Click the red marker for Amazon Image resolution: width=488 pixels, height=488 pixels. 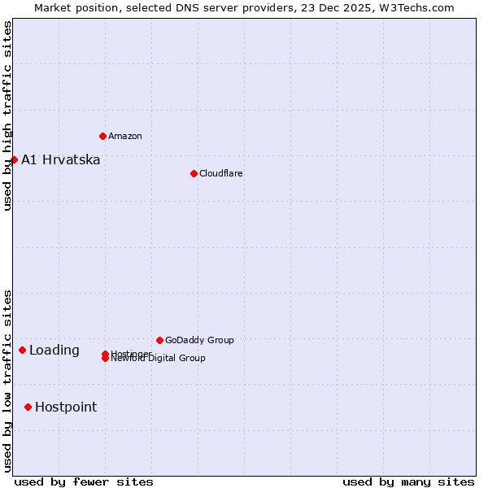[102, 136]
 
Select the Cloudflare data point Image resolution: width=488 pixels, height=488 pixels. [194, 173]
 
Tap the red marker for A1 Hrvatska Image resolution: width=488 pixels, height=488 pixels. [14, 159]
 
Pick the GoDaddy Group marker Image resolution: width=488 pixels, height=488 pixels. [159, 340]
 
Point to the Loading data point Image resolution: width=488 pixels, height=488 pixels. [22, 351]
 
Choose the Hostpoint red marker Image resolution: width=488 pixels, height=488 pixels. [28, 407]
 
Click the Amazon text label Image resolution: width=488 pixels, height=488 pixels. [124, 136]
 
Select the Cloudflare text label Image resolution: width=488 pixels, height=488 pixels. [220, 173]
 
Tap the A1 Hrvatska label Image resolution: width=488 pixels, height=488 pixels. [61, 159]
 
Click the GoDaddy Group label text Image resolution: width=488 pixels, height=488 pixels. [199, 340]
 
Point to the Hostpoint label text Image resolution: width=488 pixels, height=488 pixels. [66, 407]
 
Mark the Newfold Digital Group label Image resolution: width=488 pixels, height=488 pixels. [159, 359]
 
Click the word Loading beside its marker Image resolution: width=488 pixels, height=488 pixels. [54, 351]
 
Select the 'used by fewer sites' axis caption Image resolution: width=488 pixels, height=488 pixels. [84, 481]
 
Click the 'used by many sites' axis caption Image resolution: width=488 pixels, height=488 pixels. [408, 481]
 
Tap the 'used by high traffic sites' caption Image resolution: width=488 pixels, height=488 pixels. [7, 115]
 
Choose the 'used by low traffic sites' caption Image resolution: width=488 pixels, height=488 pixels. [7, 380]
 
